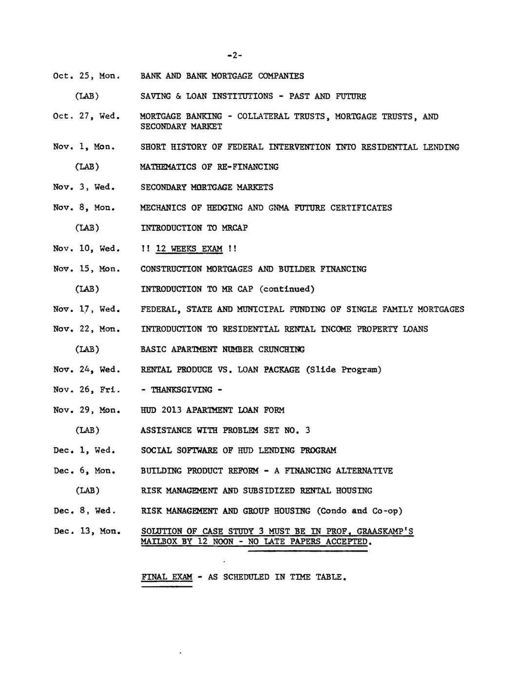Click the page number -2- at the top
point(234,56)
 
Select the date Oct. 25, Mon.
point(86,76)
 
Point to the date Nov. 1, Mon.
point(84,147)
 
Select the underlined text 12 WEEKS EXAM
point(189,249)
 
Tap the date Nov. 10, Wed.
point(86,249)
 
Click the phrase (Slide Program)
point(344,370)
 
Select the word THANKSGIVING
point(181,390)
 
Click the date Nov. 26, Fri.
point(86,390)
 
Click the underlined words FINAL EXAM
point(167,577)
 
